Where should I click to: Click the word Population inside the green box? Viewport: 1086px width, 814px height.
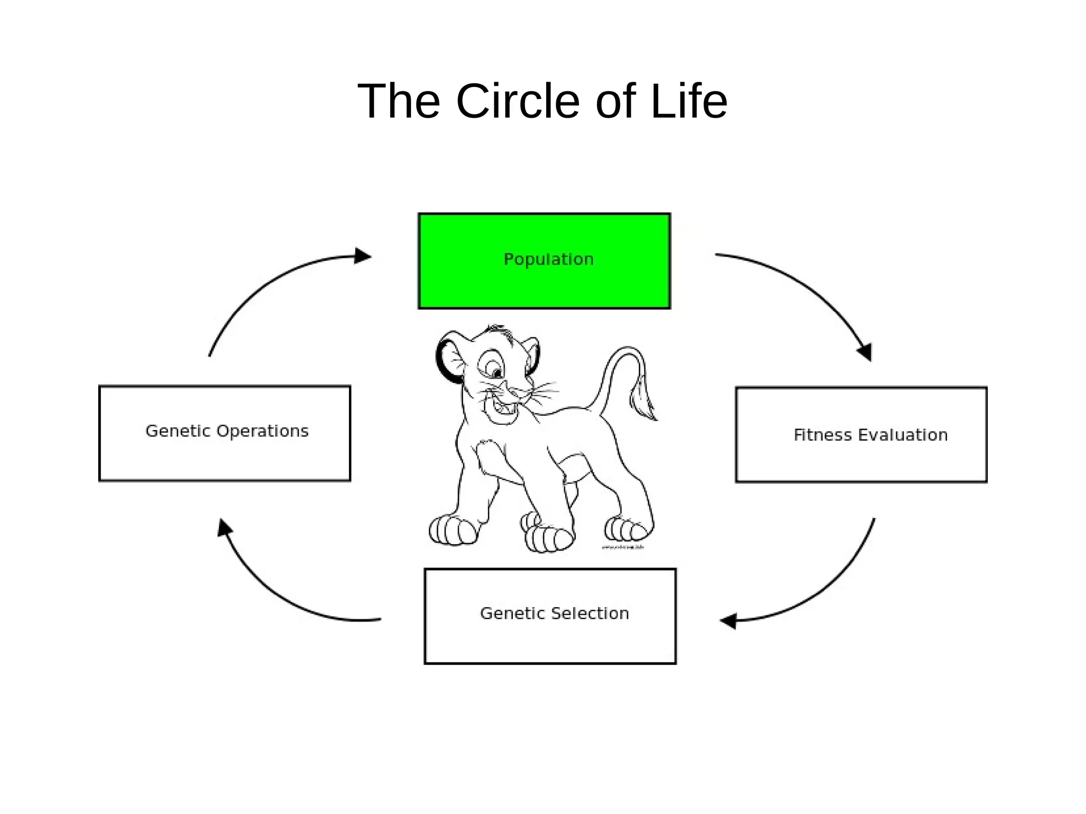(548, 259)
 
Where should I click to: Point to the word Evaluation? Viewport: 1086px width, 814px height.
(903, 435)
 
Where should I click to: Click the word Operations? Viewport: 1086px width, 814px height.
(263, 431)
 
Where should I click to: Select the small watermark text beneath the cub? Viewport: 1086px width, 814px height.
(623, 547)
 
